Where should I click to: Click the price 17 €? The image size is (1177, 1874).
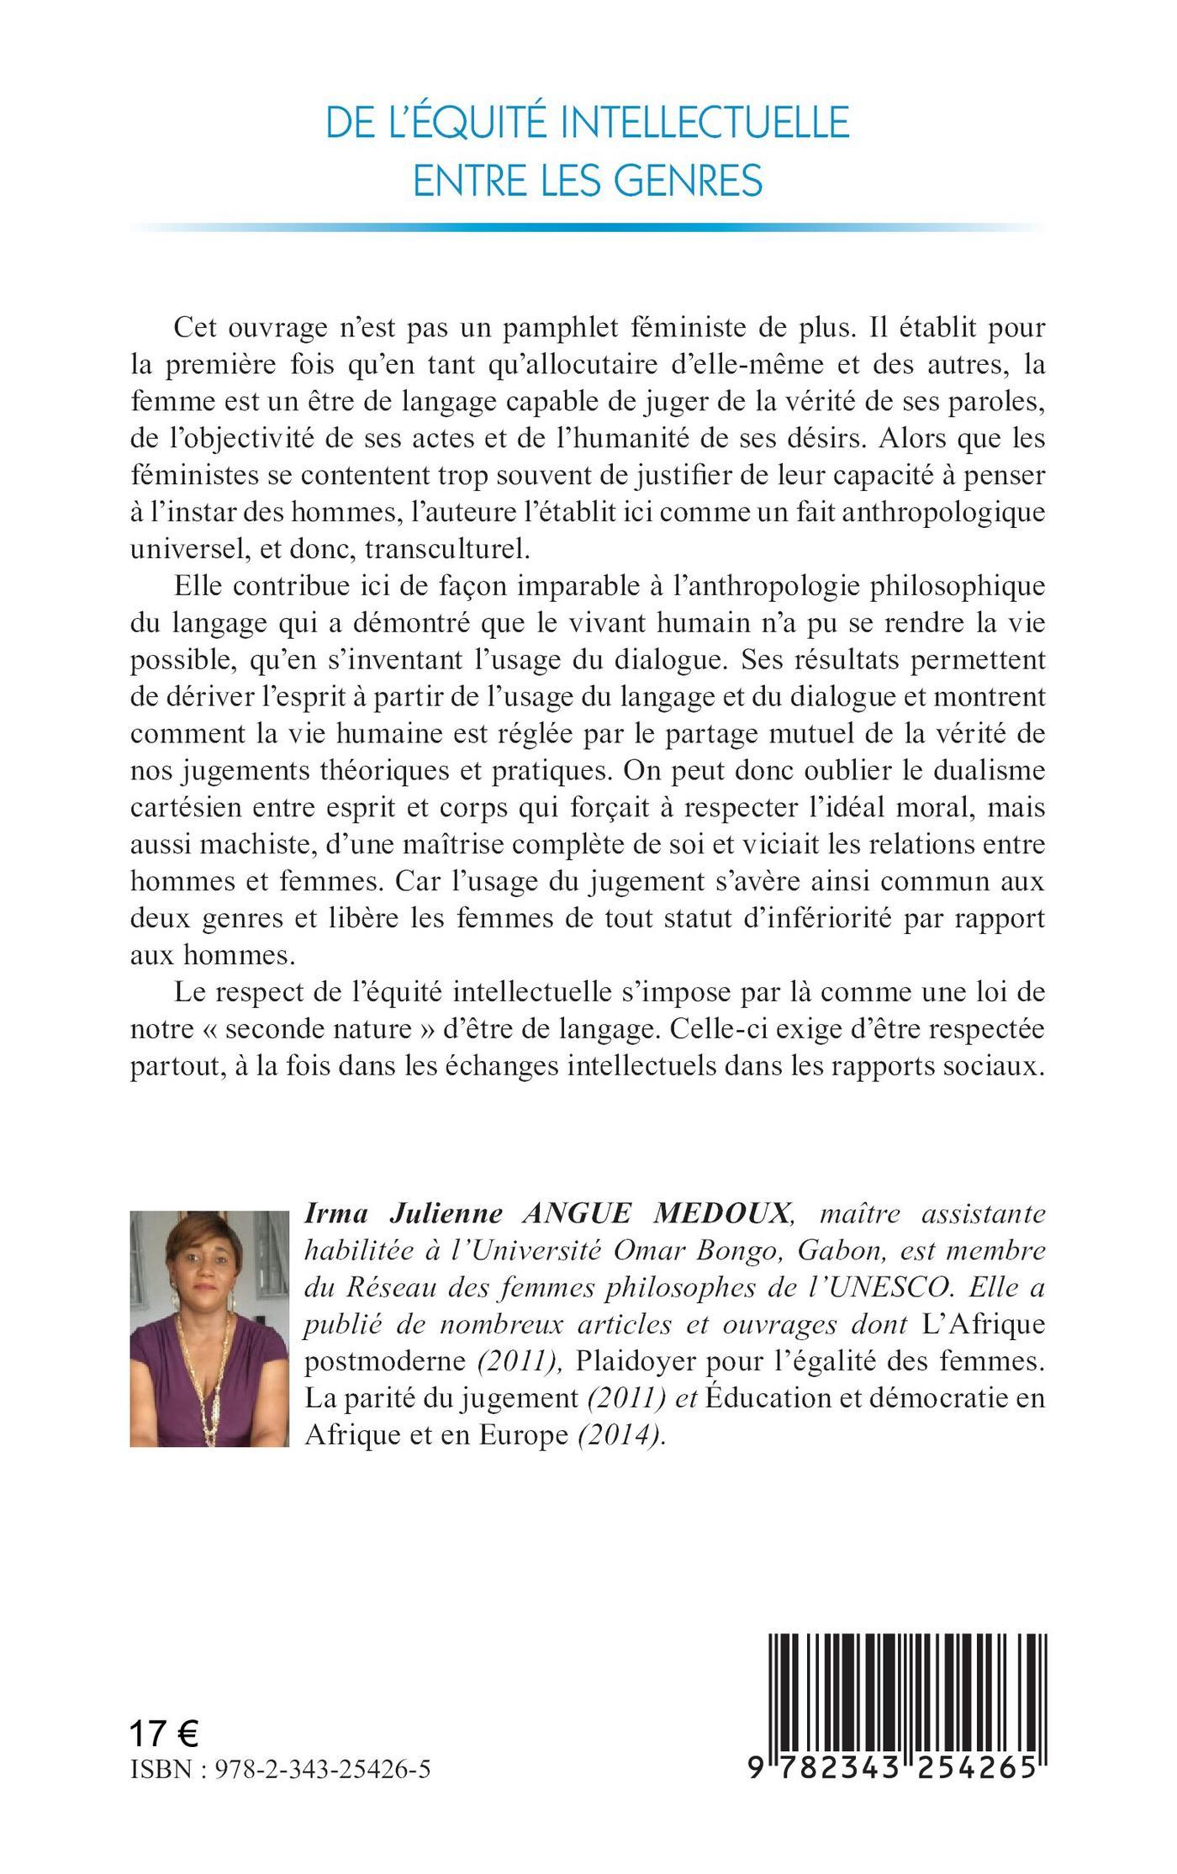tap(164, 1733)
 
